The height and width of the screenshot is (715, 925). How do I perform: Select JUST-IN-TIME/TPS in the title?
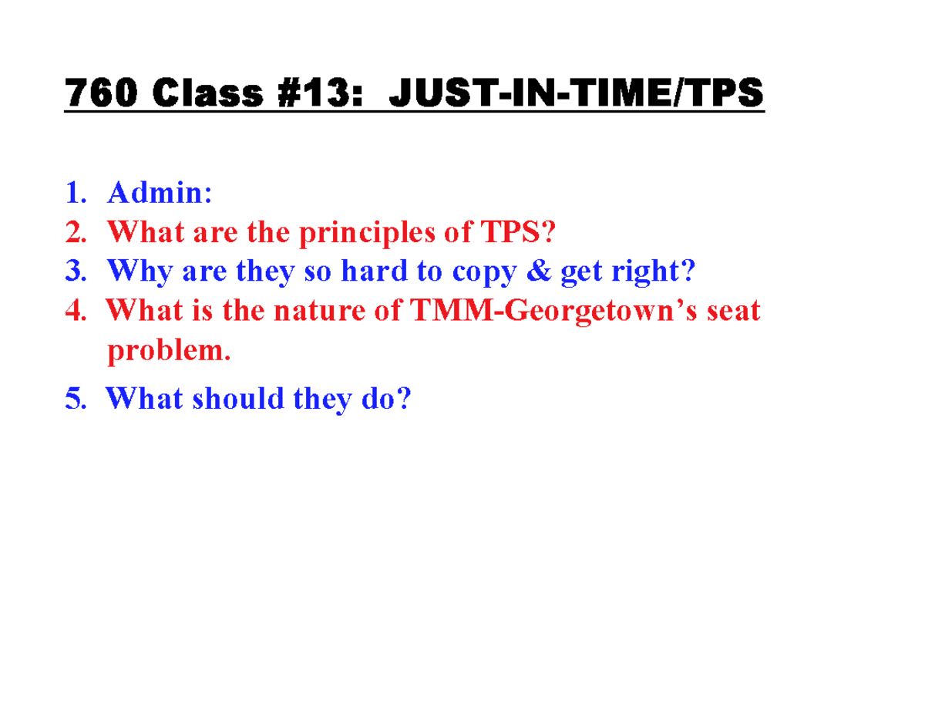(x=577, y=96)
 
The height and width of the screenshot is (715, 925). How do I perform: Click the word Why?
(x=139, y=270)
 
